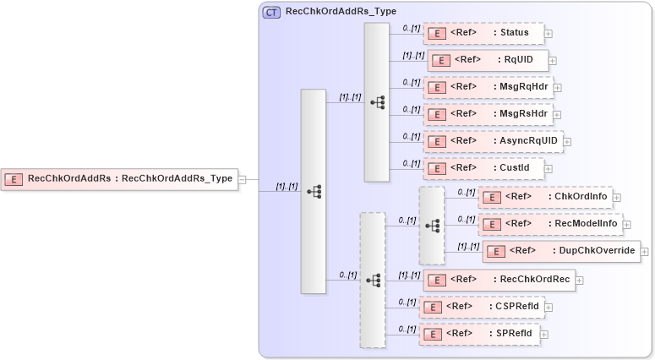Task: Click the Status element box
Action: pyautogui.click(x=483, y=34)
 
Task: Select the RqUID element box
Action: pyautogui.click(x=488, y=60)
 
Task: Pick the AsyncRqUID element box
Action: pyautogui.click(x=492, y=141)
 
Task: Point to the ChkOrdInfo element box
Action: pyautogui.click(x=544, y=197)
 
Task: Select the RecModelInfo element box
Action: pyautogui.click(x=549, y=224)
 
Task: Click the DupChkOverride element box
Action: pyautogui.click(x=560, y=251)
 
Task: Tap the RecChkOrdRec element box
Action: pyautogui.click(x=499, y=280)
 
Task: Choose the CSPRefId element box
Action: pyautogui.click(x=482, y=306)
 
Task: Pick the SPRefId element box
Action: pyautogui.click(x=478, y=334)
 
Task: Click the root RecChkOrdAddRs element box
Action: pyautogui.click(x=118, y=178)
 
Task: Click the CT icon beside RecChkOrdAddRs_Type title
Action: pyautogui.click(x=271, y=12)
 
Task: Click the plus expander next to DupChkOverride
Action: pyautogui.click(x=646, y=251)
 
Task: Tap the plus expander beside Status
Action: pyautogui.click(x=549, y=34)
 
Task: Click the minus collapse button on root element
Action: pyautogui.click(x=242, y=178)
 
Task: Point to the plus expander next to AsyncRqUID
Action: pyautogui.click(x=567, y=141)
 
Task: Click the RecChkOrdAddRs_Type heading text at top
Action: pyautogui.click(x=336, y=12)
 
